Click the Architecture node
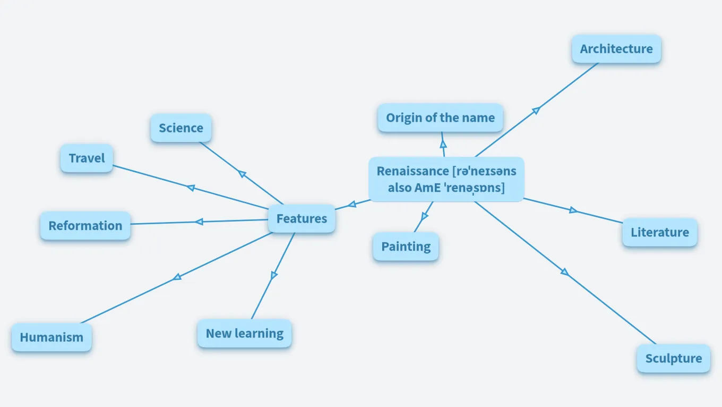[616, 49]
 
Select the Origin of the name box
[440, 118]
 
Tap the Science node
[181, 128]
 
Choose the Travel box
[87, 158]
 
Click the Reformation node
[85, 226]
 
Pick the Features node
[302, 218]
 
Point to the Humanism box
[51, 337]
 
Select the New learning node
[244, 333]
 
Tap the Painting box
[406, 246]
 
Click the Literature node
[659, 232]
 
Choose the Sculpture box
[673, 358]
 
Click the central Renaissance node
[446, 179]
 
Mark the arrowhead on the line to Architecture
[536, 110]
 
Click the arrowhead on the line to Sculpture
[564, 272]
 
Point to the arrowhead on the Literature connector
[573, 210]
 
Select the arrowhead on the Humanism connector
[177, 277]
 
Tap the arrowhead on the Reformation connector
[199, 222]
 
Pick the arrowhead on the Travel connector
[191, 188]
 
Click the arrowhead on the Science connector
[242, 174]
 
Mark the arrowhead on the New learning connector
[274, 275]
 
